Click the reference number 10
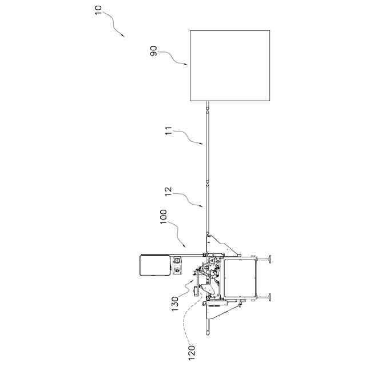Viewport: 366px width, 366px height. tap(101, 11)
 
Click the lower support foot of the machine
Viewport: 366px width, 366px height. tap(267, 298)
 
